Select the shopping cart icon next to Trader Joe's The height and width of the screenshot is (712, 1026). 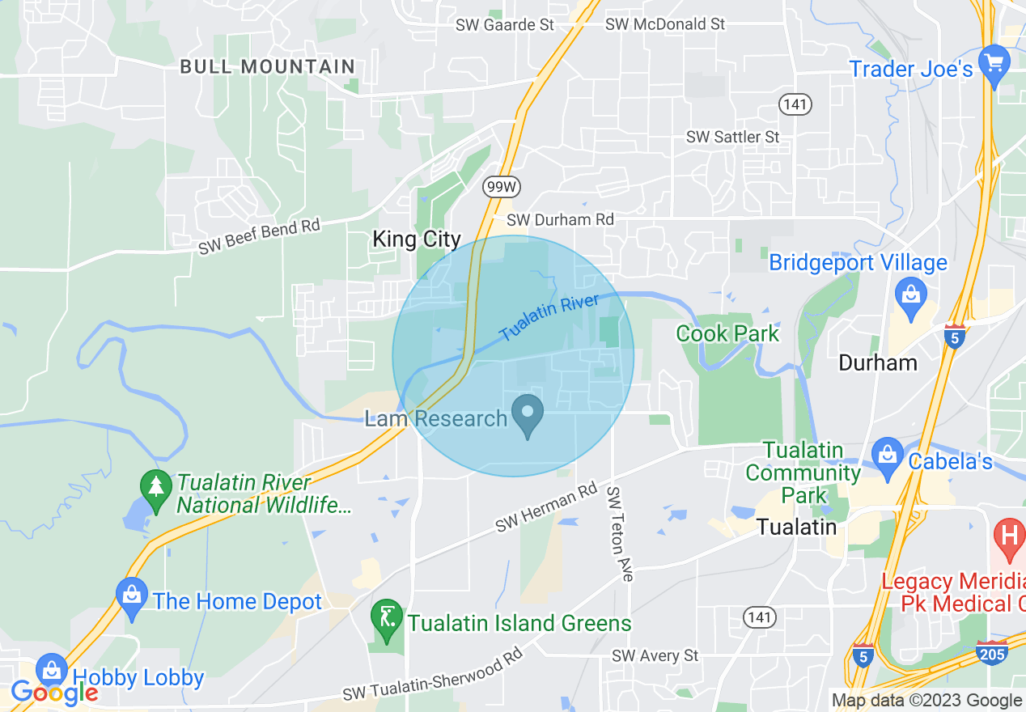pyautogui.click(x=993, y=63)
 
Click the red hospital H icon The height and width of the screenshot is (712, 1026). pyautogui.click(x=1009, y=537)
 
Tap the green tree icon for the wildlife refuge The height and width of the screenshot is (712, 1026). pyautogui.click(x=156, y=486)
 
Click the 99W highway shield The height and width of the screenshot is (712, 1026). pyautogui.click(x=502, y=188)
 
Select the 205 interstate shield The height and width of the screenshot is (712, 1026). pyautogui.click(x=993, y=652)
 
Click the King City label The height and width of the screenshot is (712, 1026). pyautogui.click(x=416, y=239)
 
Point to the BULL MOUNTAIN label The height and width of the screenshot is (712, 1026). pyautogui.click(x=267, y=66)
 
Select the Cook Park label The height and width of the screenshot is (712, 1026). pyautogui.click(x=727, y=333)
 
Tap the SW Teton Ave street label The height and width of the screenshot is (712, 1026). pyautogui.click(x=619, y=533)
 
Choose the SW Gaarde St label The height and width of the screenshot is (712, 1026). pyautogui.click(x=505, y=25)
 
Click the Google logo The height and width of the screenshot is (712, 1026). pyautogui.click(x=54, y=693)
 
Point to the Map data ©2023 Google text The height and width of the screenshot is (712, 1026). pyautogui.click(x=927, y=701)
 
